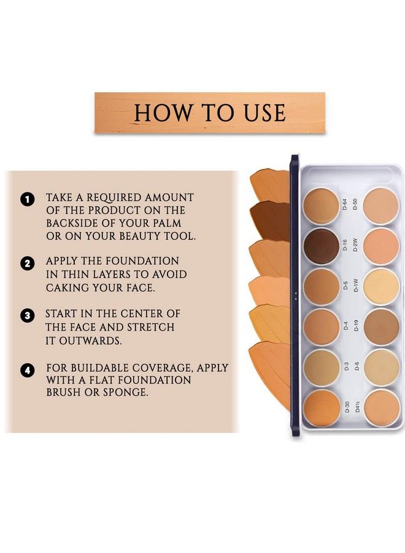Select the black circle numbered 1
click(x=26, y=199)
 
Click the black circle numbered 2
click(x=26, y=264)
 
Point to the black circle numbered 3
click(x=26, y=316)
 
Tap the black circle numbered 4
click(x=26, y=371)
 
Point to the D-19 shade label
click(x=356, y=326)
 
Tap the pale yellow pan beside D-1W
click(x=381, y=287)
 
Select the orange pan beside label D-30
click(x=321, y=408)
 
